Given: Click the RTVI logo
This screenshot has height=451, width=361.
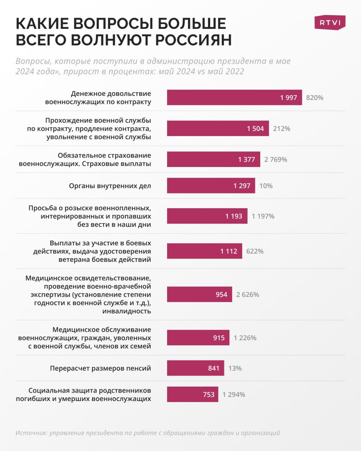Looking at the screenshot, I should [x=330, y=23].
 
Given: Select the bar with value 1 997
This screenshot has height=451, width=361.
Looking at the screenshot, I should [x=234, y=98].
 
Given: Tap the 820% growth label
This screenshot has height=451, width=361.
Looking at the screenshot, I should [x=314, y=98].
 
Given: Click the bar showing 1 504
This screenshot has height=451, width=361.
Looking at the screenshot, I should [x=218, y=129].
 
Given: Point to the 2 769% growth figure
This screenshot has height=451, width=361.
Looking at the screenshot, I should [x=276, y=160].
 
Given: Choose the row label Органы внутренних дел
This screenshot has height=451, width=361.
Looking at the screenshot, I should [x=110, y=186].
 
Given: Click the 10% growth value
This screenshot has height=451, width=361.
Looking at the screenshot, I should [x=266, y=186].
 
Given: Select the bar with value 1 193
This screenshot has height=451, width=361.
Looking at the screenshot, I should [x=207, y=216].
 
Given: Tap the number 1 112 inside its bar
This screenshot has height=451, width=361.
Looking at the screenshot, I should [x=229, y=251].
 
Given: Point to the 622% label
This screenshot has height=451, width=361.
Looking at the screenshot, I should [x=255, y=251].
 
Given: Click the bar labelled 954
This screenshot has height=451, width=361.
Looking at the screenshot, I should [x=199, y=295].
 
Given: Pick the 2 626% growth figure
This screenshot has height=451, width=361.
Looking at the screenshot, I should [x=247, y=295].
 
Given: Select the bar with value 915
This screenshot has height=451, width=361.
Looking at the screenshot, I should [x=198, y=338].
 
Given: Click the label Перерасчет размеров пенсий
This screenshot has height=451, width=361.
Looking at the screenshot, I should [x=100, y=368].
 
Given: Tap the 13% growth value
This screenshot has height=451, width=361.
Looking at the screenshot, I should [x=235, y=368].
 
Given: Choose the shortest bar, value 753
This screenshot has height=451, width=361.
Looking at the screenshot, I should [x=192, y=395].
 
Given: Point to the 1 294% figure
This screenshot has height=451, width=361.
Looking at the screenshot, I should [x=234, y=395].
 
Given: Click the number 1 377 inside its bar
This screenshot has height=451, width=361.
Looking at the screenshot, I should [x=246, y=160].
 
